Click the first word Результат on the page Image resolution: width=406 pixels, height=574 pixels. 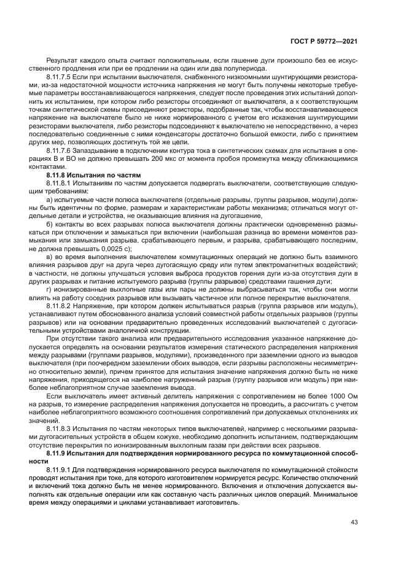[x=63, y=62]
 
